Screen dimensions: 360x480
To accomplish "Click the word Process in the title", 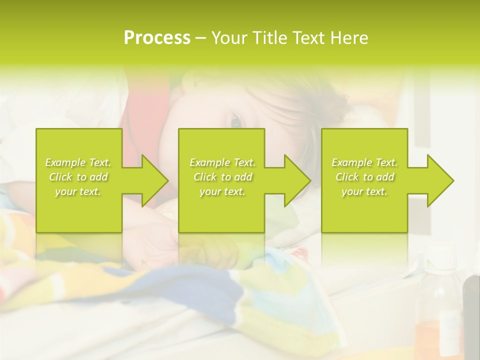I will [157, 38].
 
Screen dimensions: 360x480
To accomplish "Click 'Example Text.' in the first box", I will [78, 162].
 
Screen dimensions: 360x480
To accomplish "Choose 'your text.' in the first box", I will [78, 191].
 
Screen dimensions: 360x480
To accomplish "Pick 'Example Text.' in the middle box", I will [222, 162].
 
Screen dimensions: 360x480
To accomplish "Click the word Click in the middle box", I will [204, 177].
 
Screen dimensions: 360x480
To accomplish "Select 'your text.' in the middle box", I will [222, 191].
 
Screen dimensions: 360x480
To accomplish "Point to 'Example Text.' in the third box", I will [364, 162].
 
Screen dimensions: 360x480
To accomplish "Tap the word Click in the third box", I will [346, 177].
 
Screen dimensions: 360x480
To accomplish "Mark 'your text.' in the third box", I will [364, 191].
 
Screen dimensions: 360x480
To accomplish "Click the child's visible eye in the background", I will [235, 121].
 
